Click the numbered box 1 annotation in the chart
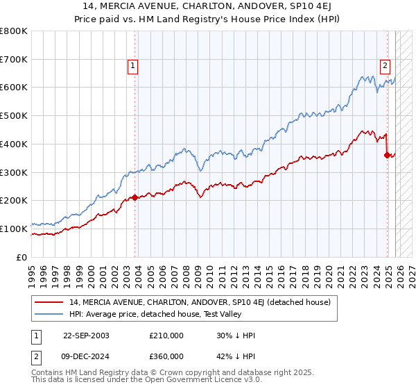[x=132, y=67]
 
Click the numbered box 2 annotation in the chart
[x=384, y=67]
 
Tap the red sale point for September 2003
[x=135, y=197]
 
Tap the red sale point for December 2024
[x=387, y=155]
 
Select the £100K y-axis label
[x=15, y=229]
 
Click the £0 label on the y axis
[x=22, y=257]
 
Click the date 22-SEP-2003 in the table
[x=86, y=336]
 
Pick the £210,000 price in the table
[x=166, y=336]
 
